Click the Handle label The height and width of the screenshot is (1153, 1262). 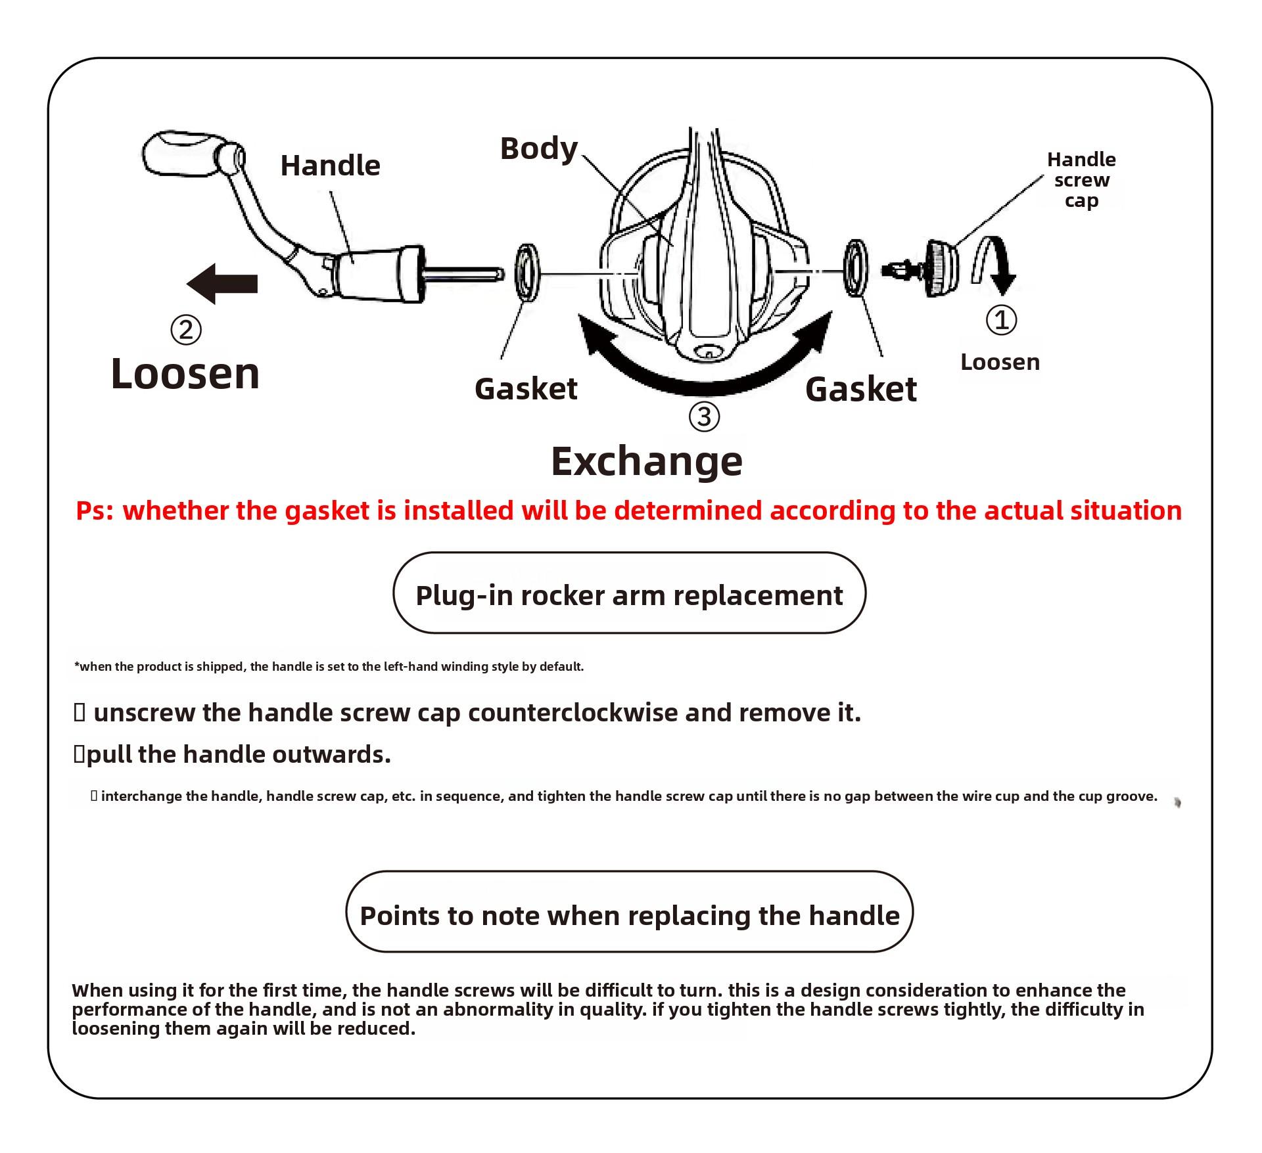tap(330, 166)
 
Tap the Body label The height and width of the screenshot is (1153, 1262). tap(538, 148)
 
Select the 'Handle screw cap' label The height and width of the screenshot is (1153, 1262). tap(1081, 179)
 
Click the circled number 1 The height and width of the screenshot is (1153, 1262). tap(1001, 320)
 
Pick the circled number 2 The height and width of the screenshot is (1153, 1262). tap(185, 329)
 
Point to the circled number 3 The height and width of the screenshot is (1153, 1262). tap(704, 417)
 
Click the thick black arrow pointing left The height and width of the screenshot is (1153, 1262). tap(222, 284)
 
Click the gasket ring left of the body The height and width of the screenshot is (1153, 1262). tap(527, 273)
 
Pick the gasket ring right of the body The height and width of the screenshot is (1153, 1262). tap(855, 268)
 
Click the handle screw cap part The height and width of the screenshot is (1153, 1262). tap(940, 268)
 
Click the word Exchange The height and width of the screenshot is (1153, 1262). tap(646, 461)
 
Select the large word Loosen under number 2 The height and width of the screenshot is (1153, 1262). tap(185, 374)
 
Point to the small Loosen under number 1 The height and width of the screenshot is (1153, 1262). tap(1000, 362)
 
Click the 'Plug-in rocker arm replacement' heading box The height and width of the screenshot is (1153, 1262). tap(629, 593)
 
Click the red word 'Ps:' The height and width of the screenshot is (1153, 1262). tap(95, 510)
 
